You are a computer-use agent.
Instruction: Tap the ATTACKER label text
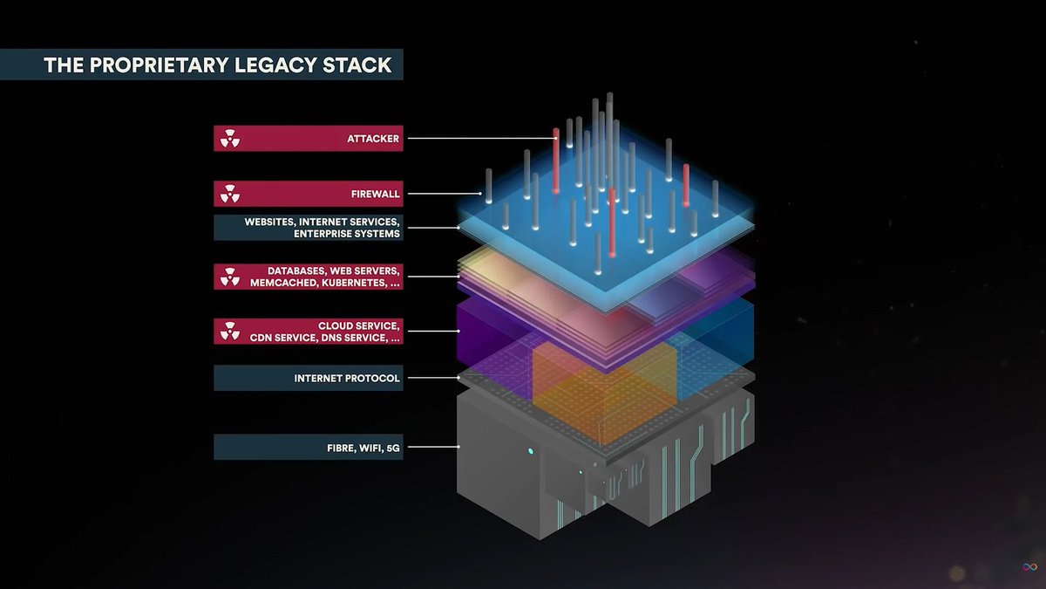click(373, 139)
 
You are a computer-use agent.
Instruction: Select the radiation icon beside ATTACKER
click(229, 139)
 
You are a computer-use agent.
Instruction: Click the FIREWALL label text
click(375, 194)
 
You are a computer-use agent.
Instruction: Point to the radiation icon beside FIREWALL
click(229, 194)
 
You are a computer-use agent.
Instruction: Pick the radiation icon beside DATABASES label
click(229, 277)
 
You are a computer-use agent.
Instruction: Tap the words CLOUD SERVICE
click(359, 325)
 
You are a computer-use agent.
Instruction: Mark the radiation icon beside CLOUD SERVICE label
click(229, 332)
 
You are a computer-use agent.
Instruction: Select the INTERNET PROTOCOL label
click(347, 379)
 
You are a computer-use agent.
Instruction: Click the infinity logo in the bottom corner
click(1029, 568)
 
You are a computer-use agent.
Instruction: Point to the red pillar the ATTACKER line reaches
click(556, 161)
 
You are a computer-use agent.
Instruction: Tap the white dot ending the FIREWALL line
click(478, 194)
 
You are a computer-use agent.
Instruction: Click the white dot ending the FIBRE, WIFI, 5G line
click(459, 447)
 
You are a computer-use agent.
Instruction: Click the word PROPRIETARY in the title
click(148, 65)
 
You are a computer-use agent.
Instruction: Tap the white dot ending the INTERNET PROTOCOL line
click(459, 379)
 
